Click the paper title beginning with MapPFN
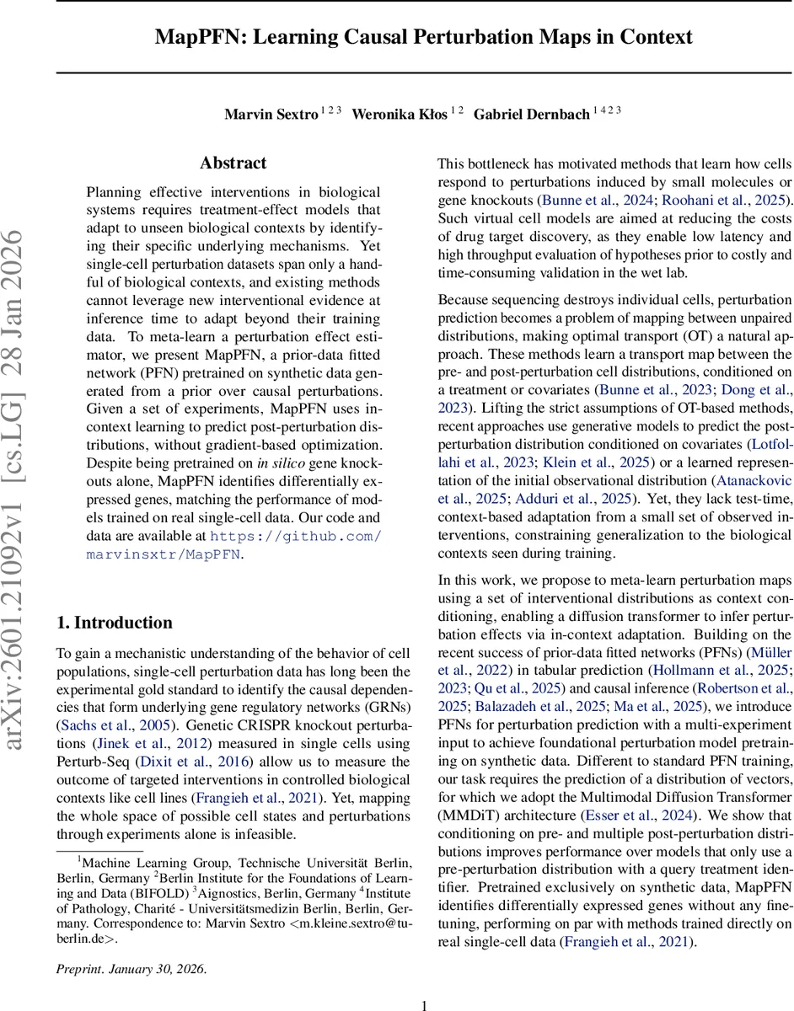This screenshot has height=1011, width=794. coord(423,38)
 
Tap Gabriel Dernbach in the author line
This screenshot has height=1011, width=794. coord(531,114)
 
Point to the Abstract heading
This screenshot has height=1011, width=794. coord(233,163)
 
